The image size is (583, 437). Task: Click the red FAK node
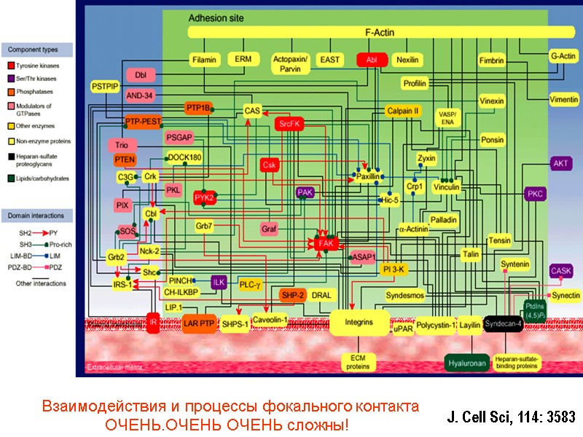pos(326,243)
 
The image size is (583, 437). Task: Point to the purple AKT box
pos(560,163)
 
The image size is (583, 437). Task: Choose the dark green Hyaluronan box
pos(467,362)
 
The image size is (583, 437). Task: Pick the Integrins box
pos(359,321)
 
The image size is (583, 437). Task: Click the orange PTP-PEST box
pos(143,122)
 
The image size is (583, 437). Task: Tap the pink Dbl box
pos(141,74)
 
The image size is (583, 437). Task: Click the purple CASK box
pos(561,271)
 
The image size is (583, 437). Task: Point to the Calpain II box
pos(403,111)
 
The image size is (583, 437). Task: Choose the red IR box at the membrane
pos(153,321)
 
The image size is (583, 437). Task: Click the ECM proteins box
pos(358,362)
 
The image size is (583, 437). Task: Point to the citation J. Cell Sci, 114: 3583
pos(510,417)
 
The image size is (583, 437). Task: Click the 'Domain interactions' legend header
pos(36,216)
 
